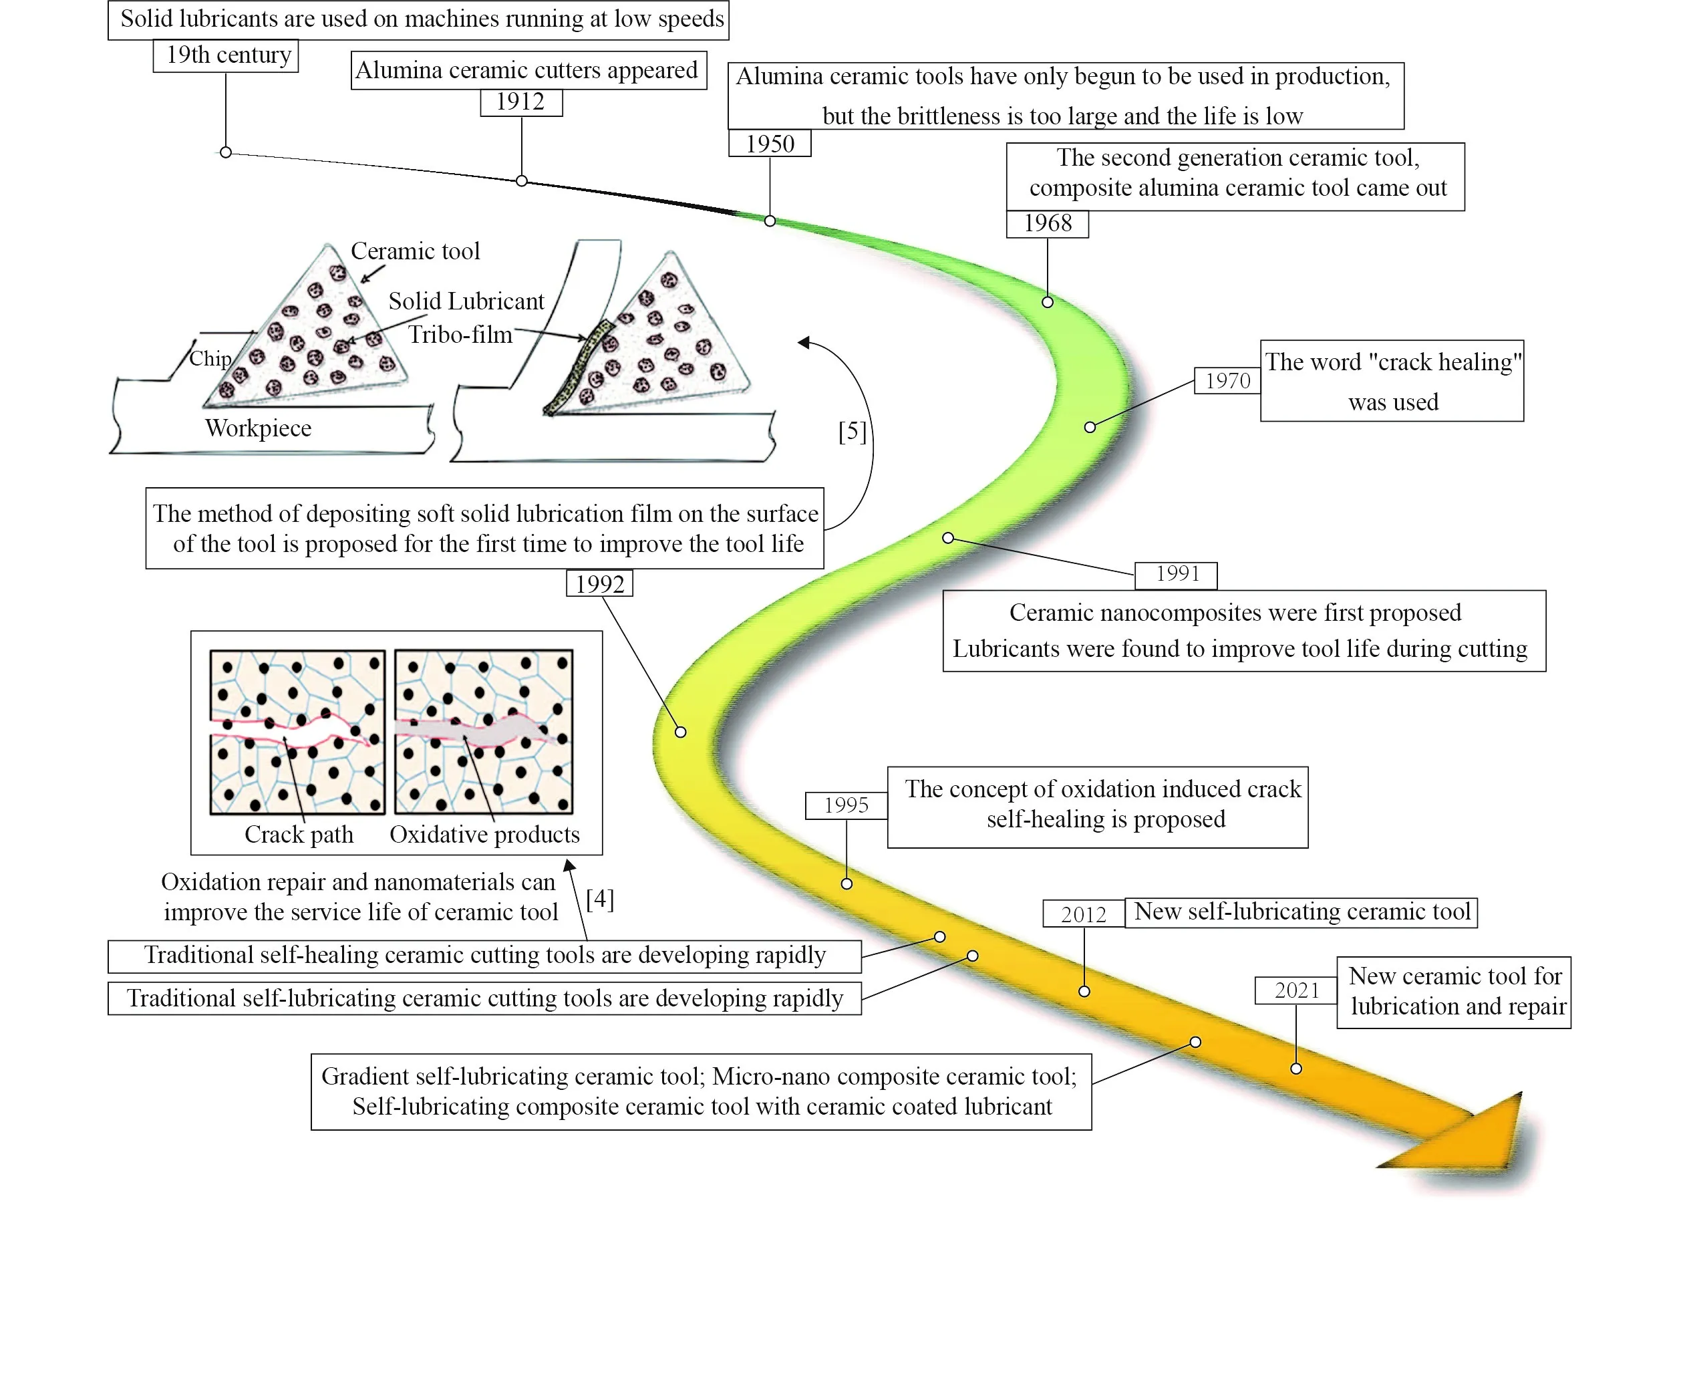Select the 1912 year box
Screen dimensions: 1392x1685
[521, 102]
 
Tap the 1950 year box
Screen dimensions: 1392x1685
[770, 144]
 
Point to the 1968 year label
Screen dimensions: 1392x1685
[1047, 223]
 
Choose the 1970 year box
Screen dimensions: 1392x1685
[1227, 380]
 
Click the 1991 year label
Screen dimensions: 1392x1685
[1177, 574]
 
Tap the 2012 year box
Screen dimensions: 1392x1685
[1083, 914]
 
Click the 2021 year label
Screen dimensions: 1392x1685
[1296, 990]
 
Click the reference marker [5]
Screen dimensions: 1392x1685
[852, 432]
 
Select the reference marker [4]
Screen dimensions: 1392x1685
[599, 899]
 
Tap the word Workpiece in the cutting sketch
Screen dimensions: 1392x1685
[258, 428]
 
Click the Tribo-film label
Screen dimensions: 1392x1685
[460, 334]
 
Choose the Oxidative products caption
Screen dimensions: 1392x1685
[484, 834]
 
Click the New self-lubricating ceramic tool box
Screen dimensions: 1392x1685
[1301, 912]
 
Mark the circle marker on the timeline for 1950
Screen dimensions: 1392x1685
[770, 221]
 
